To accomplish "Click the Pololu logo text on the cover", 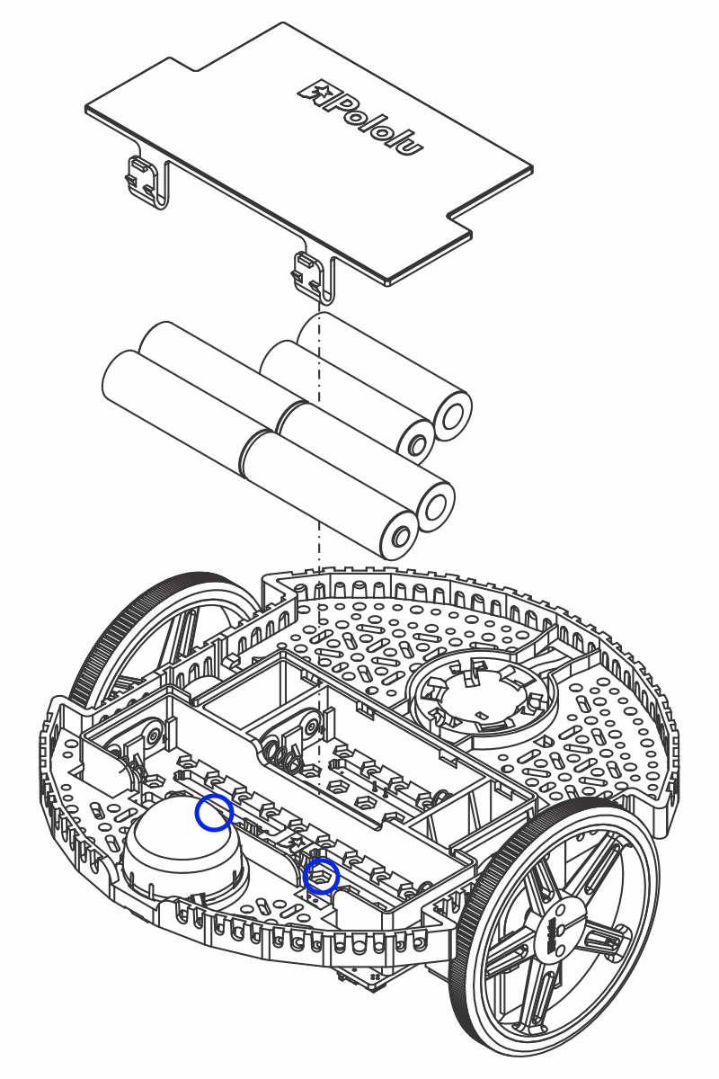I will [x=363, y=117].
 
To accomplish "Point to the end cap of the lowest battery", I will [x=398, y=538].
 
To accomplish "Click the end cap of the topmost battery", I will [x=452, y=415].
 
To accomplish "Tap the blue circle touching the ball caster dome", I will [x=215, y=812].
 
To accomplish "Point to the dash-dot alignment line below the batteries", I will [x=320, y=629].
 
